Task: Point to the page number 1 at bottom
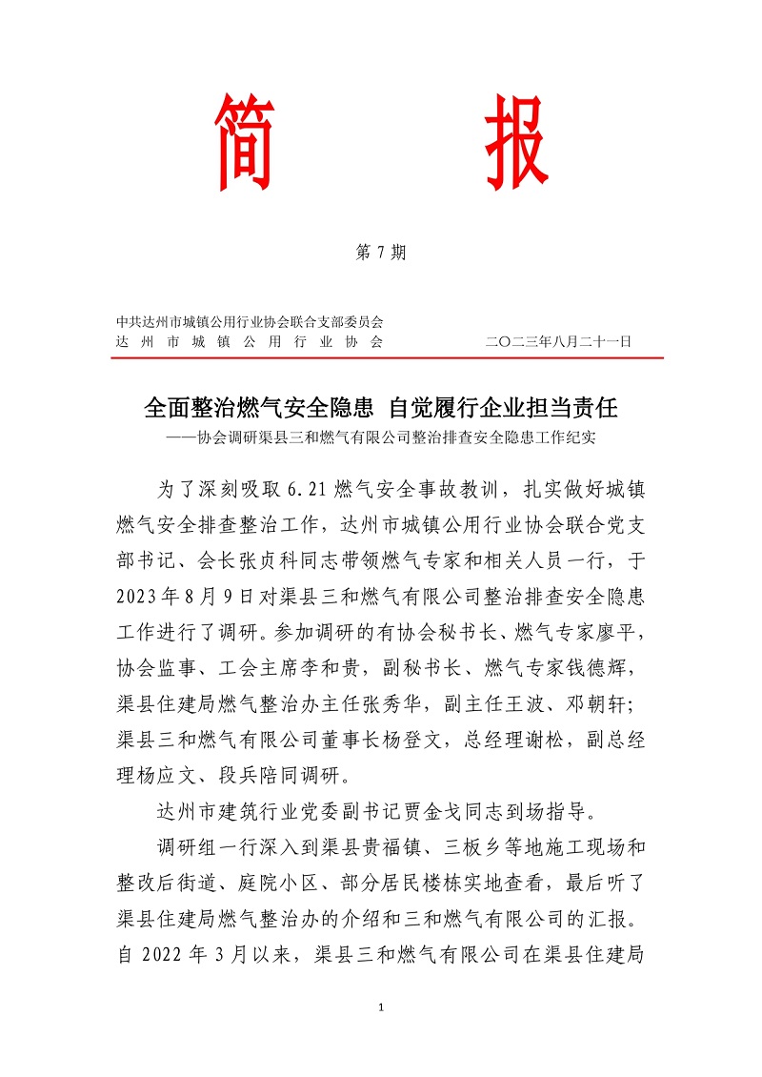(380, 1007)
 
